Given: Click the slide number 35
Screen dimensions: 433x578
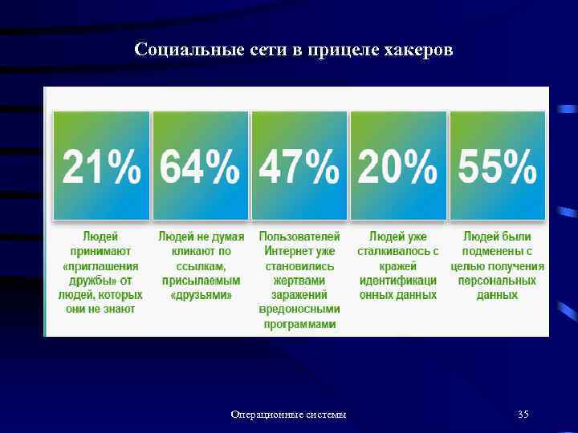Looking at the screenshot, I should coord(523,415).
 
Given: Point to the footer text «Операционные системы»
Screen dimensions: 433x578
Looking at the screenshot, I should coord(289,415).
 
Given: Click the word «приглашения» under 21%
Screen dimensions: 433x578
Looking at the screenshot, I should coord(101,266).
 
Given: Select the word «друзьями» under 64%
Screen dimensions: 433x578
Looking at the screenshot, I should coord(201,295).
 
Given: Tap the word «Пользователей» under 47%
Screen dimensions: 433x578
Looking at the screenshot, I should coord(299,237).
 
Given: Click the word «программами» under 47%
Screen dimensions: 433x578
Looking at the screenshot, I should coord(299,324).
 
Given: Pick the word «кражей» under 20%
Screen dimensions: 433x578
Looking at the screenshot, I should coord(398,266).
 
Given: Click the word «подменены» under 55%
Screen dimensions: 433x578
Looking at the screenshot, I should coord(490,252).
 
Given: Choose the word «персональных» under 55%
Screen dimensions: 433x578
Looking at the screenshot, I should coord(497,281).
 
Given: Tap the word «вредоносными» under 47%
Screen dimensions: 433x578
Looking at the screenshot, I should coord(299,310).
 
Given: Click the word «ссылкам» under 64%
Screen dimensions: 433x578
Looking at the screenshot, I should coord(201,266).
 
